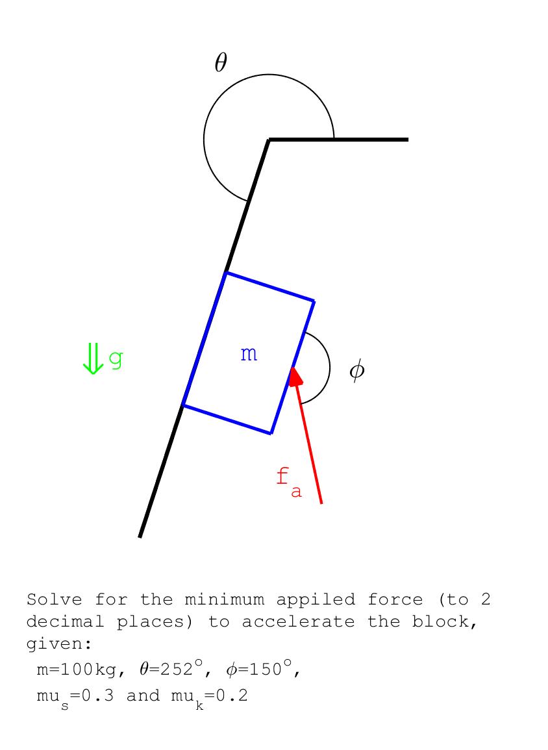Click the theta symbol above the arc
pos(221,62)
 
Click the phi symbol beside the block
pos(356,370)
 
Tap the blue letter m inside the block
pos(249,354)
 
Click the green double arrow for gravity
pos(93,358)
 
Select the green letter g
pos(116,358)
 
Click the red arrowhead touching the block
pos(295,375)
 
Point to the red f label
pos(282,477)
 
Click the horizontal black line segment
pos(338,140)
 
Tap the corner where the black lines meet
pos(269,140)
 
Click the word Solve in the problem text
pos(54,599)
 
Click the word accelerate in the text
pos(298,621)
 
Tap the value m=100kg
pos(77,669)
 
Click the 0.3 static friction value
pos(98,695)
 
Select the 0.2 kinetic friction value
pos(232,695)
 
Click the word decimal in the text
pos(65,621)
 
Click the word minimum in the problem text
pos(224,599)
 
